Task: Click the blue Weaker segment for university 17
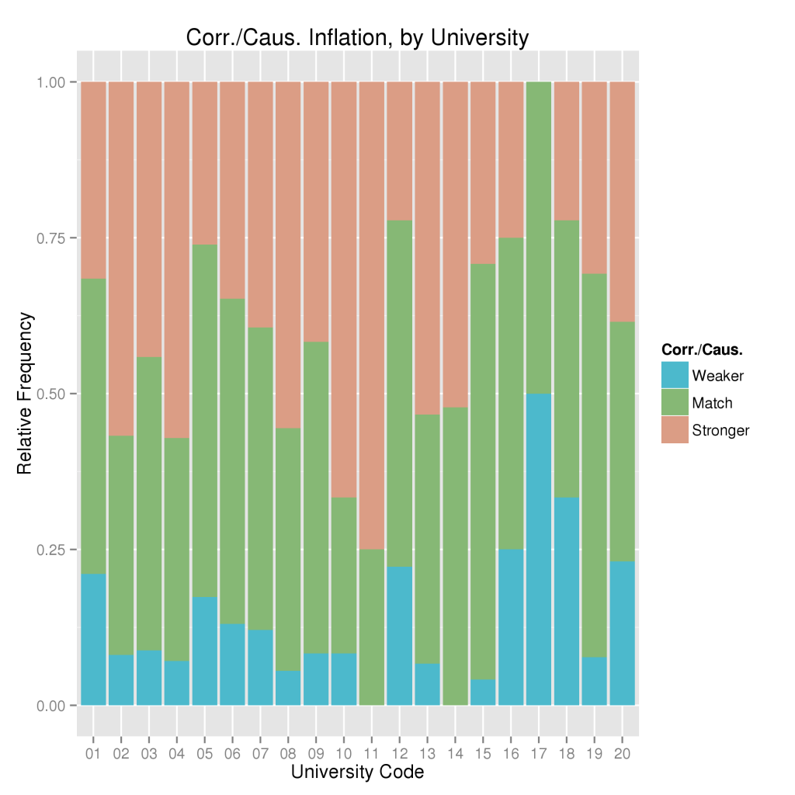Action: [x=539, y=550]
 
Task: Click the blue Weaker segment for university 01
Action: [x=93, y=640]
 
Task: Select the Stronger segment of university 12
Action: [x=400, y=151]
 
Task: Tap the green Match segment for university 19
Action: [x=595, y=466]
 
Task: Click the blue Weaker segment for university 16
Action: [x=511, y=627]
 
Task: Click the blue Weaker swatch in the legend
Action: [x=675, y=376]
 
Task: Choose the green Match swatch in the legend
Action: [x=675, y=403]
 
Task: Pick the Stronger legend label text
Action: [x=720, y=430]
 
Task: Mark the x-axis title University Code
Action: [x=357, y=772]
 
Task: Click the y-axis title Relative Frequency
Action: [x=26, y=393]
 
